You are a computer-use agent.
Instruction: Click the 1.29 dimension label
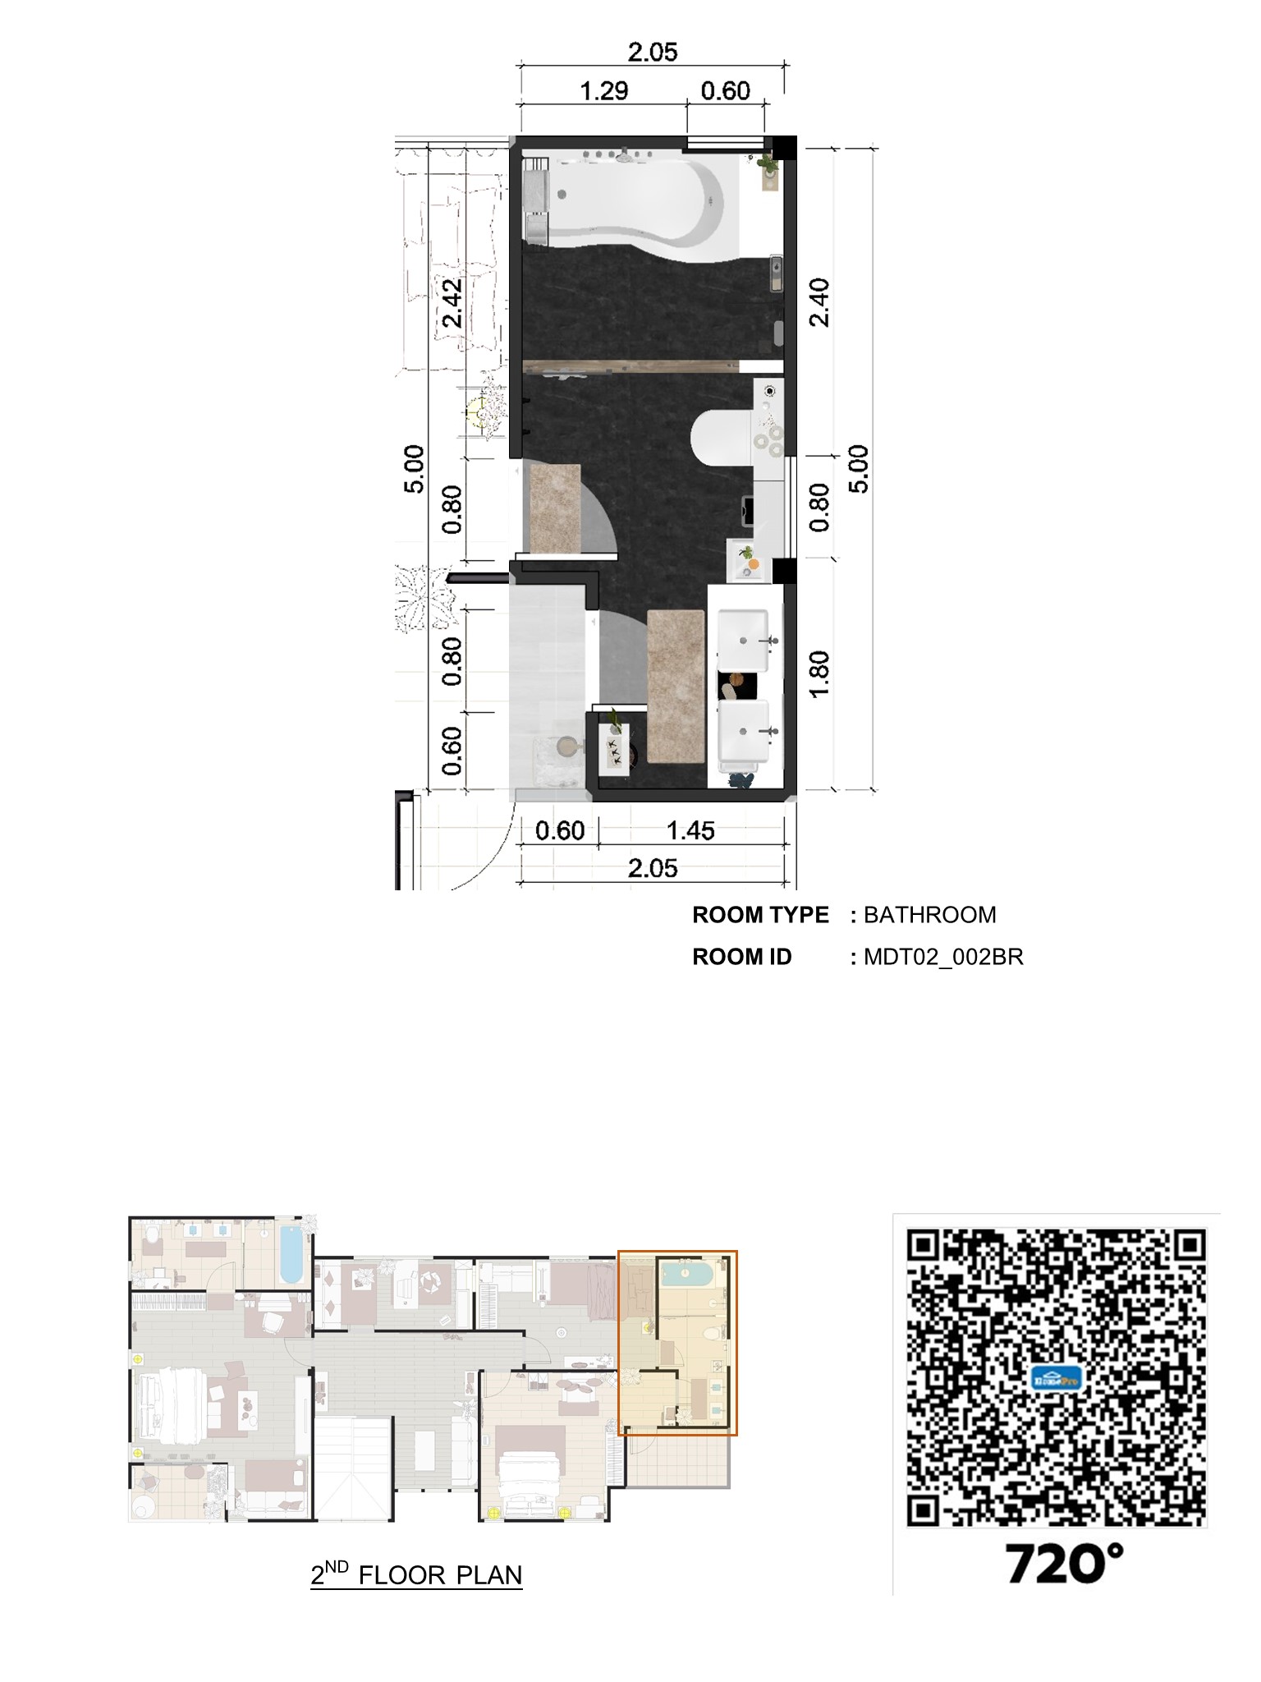click(x=603, y=90)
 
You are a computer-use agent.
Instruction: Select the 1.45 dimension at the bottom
click(x=690, y=830)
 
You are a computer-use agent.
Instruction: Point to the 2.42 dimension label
click(x=451, y=302)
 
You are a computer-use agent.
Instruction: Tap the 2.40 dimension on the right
click(x=819, y=302)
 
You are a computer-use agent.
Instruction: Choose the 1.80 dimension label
click(x=819, y=673)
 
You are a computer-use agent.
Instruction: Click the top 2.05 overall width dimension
click(x=653, y=53)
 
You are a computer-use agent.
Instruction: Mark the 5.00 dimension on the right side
click(x=858, y=469)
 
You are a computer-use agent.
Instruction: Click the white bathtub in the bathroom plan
click(x=632, y=197)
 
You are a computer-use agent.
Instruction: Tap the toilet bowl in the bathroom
click(x=718, y=436)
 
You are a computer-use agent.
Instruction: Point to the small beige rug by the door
click(x=555, y=508)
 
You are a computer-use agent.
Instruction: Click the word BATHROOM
click(x=929, y=915)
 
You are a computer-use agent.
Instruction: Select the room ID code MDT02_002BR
click(x=943, y=957)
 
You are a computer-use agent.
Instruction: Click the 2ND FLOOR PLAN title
click(x=416, y=1574)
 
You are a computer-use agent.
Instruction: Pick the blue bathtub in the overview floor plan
click(x=291, y=1254)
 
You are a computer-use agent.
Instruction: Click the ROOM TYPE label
click(x=760, y=915)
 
